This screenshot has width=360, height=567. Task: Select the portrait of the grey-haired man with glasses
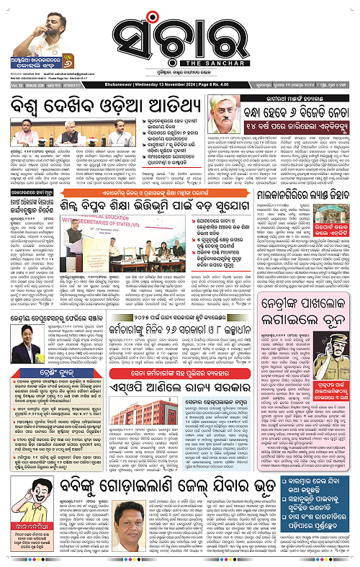[x=228, y=116]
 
